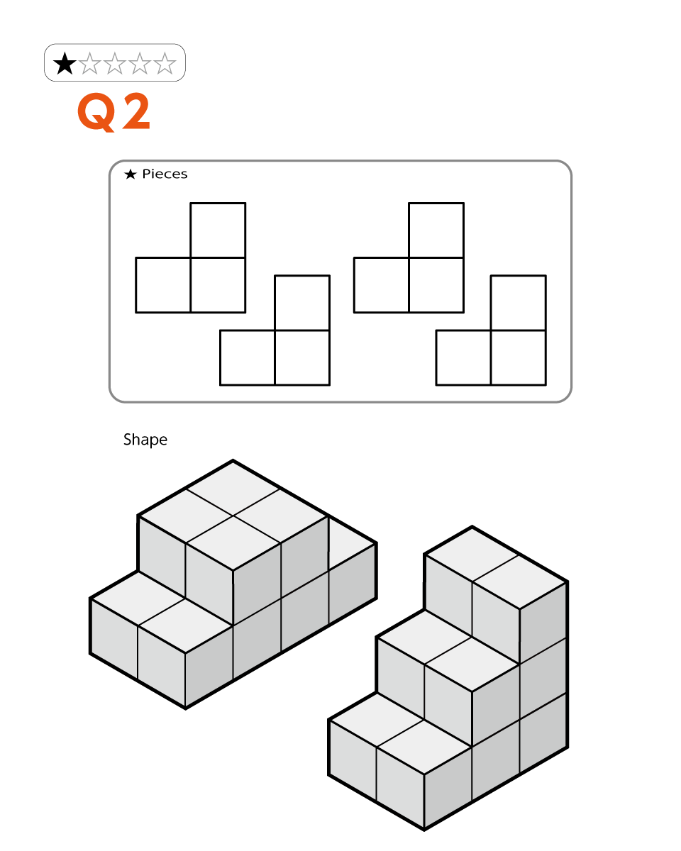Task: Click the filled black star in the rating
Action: coord(64,63)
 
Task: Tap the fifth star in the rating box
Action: coord(165,63)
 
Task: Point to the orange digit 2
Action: coord(136,111)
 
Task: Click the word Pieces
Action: coord(165,174)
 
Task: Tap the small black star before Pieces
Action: coord(131,174)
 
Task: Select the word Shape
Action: coord(145,440)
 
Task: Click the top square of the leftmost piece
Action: coord(218,230)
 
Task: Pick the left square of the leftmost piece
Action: coord(163,285)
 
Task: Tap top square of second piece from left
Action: coord(302,303)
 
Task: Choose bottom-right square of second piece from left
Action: coord(302,357)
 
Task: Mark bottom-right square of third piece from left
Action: coord(436,285)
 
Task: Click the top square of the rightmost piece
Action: coord(519,303)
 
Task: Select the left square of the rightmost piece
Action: coord(463,357)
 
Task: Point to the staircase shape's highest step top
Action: coord(495,568)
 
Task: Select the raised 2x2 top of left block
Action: coord(233,516)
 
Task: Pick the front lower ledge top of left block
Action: coord(162,612)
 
